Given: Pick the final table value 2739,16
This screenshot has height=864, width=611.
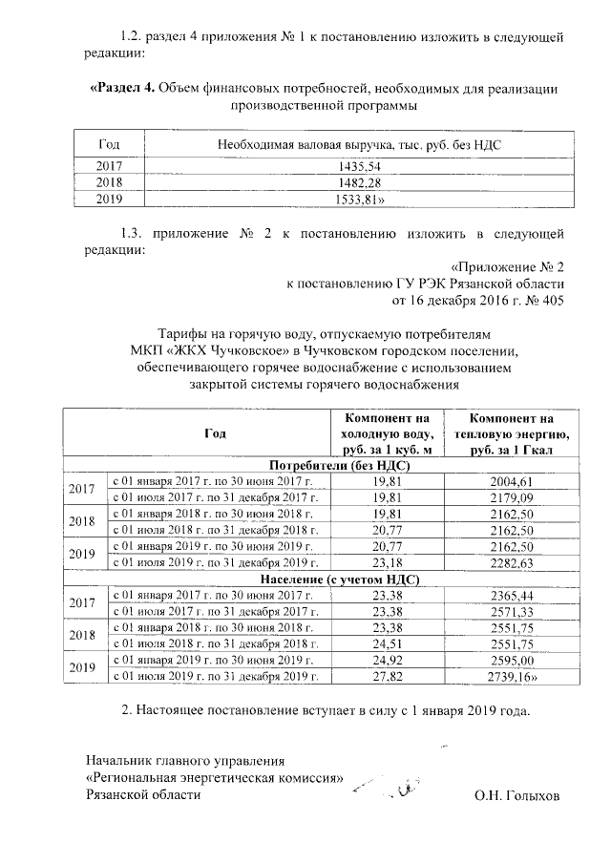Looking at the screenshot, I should tap(514, 676).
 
